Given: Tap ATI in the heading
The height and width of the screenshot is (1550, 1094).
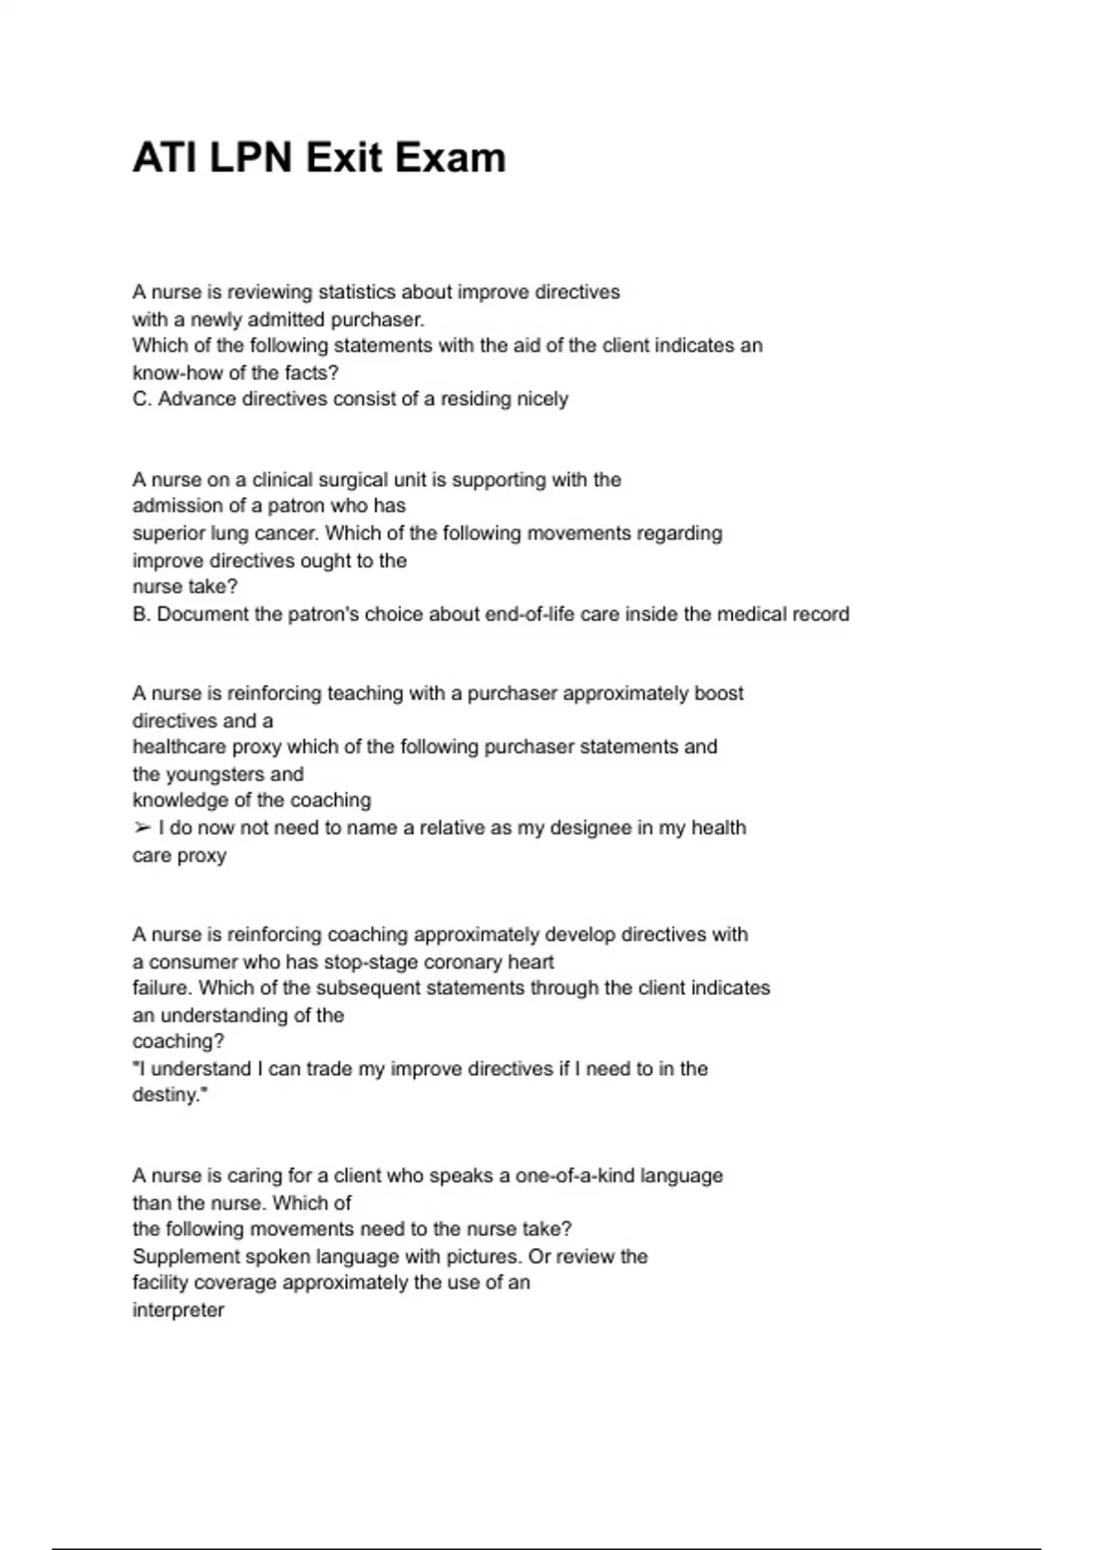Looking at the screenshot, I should click(x=166, y=158).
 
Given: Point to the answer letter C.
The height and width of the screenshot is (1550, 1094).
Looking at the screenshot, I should click(x=140, y=398).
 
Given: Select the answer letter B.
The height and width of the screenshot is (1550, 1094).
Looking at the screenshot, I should click(x=140, y=614).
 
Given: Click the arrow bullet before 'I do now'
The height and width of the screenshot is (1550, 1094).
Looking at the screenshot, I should click(x=141, y=828).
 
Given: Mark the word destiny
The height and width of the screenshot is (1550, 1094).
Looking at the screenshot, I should click(x=168, y=1094).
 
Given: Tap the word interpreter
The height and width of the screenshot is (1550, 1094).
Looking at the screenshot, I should click(x=178, y=1310).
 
